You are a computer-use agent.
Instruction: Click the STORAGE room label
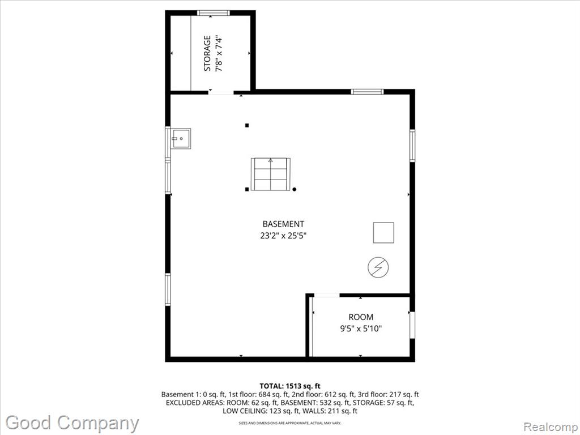click(x=207, y=53)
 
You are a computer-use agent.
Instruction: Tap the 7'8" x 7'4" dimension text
click(x=219, y=53)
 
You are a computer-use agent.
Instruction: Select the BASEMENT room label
click(x=283, y=224)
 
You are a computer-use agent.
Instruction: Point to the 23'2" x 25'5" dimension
click(x=283, y=235)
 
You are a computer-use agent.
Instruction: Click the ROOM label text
click(x=361, y=317)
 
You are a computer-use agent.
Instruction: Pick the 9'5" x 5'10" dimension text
click(x=361, y=329)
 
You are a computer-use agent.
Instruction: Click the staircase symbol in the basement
click(x=270, y=174)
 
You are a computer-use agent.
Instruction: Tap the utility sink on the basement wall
click(x=181, y=139)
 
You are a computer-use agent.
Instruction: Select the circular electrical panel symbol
click(x=378, y=267)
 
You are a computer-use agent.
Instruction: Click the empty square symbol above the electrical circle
click(x=383, y=233)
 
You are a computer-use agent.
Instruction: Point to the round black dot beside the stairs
click(x=295, y=189)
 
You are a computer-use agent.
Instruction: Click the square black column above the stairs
click(x=247, y=125)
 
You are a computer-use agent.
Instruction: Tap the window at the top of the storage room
click(x=214, y=13)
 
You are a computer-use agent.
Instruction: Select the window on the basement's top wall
click(x=367, y=92)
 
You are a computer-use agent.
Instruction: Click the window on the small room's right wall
click(x=412, y=325)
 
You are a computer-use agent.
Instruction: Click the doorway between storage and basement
click(x=221, y=92)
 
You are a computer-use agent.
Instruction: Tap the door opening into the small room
click(x=327, y=295)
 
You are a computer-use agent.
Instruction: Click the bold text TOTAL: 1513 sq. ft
click(x=289, y=386)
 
